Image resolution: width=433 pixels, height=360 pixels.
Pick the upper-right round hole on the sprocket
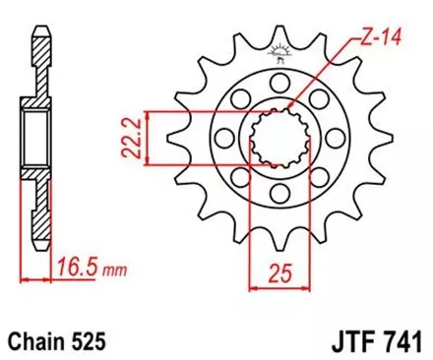point(316,103)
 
